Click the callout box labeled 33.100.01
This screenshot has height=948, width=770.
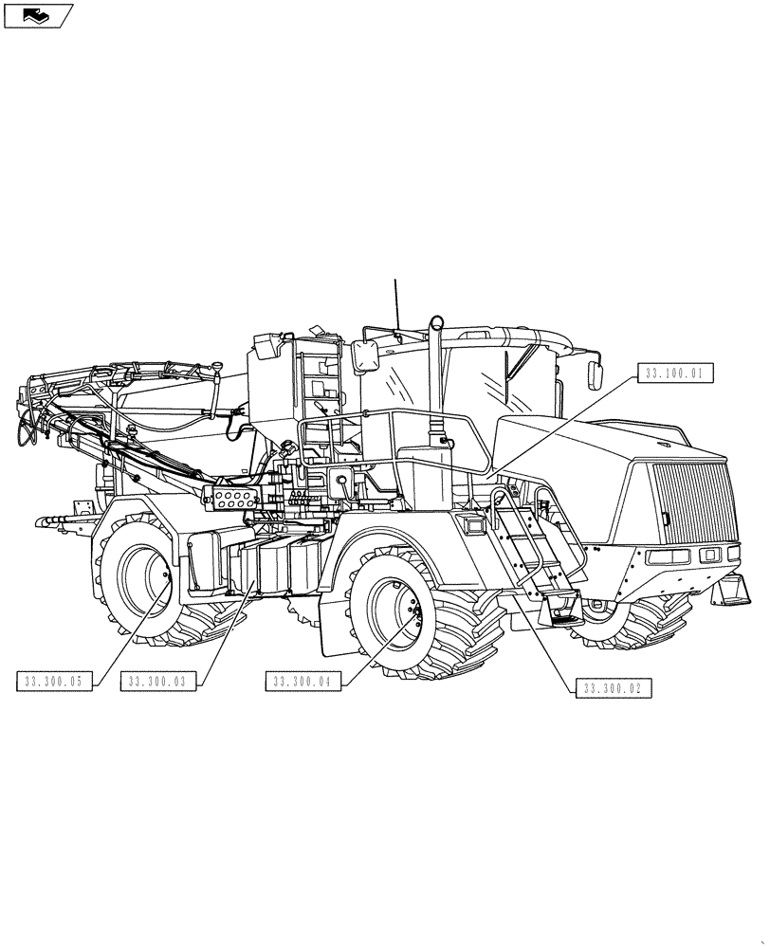(671, 374)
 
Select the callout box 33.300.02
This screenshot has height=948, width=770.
(614, 688)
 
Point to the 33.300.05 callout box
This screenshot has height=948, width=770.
(54, 681)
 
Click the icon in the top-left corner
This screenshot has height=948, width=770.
(38, 15)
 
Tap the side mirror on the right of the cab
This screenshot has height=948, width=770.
(596, 373)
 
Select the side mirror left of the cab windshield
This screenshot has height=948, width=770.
(365, 358)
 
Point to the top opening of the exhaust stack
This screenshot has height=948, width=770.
(436, 320)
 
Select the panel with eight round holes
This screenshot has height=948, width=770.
(230, 496)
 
